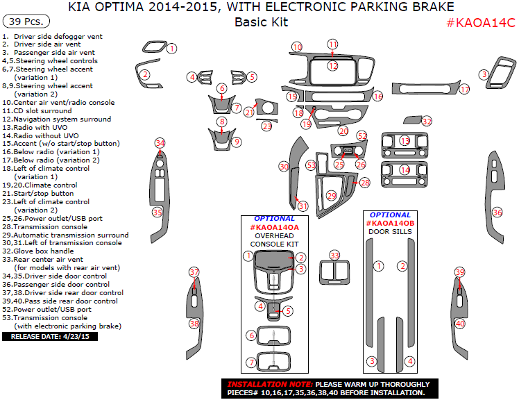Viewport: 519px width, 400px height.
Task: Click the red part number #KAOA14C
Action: tap(480, 22)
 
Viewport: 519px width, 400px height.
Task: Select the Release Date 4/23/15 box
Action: tap(51, 336)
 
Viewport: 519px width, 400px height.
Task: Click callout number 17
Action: tap(464, 90)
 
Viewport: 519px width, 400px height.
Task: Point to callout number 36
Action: tap(497, 212)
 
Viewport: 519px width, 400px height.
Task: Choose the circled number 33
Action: tap(335, 256)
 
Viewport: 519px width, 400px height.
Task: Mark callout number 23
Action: tap(267, 126)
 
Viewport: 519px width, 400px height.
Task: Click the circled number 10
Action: tap(297, 47)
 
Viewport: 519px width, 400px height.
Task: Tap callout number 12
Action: tap(333, 66)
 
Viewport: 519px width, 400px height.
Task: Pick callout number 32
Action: tap(427, 122)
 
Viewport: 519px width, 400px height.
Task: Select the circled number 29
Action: tap(331, 196)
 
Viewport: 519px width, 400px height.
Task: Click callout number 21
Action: tap(248, 112)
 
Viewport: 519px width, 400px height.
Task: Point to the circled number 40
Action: tap(459, 323)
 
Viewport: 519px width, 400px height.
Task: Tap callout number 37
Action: tap(194, 272)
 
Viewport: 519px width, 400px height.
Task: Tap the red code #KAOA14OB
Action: tap(390, 223)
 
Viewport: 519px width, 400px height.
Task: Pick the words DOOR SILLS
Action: tap(390, 231)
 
